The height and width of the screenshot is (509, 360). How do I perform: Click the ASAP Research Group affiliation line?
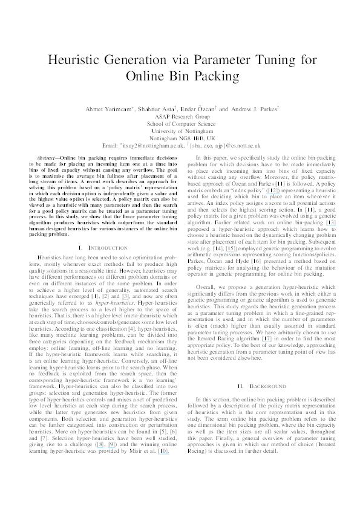[x=180, y=116]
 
